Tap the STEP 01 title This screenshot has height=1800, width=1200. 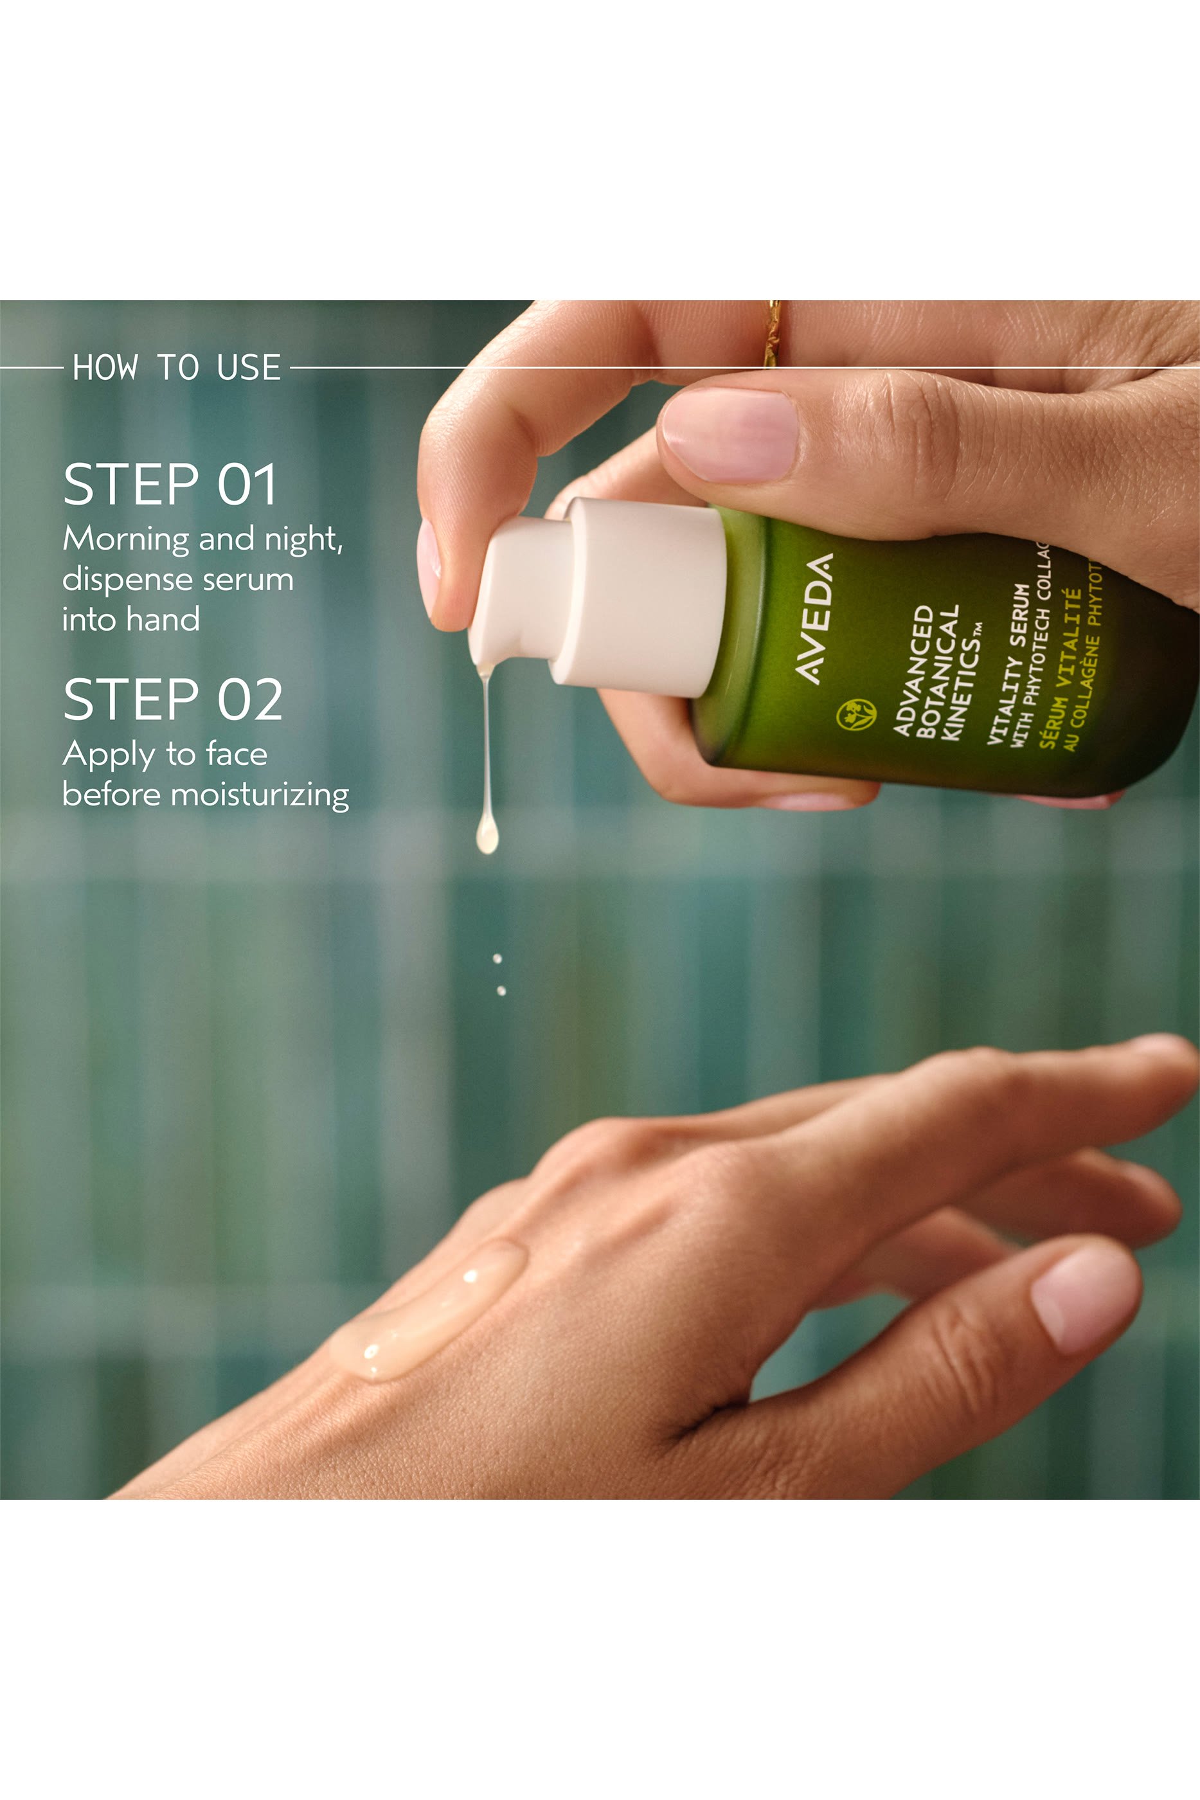click(x=170, y=485)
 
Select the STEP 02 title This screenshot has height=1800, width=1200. click(x=173, y=699)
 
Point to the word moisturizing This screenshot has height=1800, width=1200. click(x=260, y=795)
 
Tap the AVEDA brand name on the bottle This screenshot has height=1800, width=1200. click(x=814, y=618)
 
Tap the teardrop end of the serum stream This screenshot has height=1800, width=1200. click(x=487, y=836)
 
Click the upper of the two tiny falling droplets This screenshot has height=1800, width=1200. click(x=497, y=958)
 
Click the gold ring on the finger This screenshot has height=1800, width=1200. click(x=775, y=333)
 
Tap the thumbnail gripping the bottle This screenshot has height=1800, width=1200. click(x=729, y=435)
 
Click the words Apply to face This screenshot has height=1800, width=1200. click(x=165, y=755)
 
